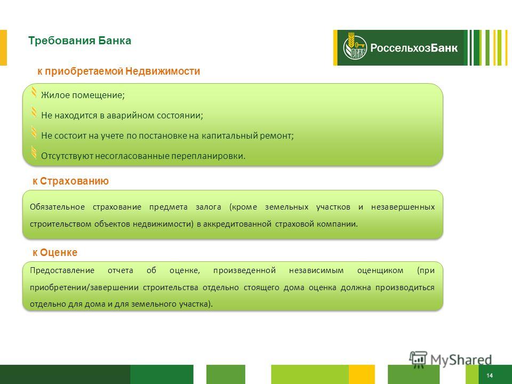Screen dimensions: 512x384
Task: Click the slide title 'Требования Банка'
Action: [x=79, y=41]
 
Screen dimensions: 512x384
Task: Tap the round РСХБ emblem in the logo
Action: [x=355, y=47]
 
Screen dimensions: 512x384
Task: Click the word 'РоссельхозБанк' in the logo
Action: [x=414, y=48]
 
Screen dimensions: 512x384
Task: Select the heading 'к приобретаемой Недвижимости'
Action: [x=118, y=71]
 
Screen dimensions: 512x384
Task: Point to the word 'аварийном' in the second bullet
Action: [x=130, y=116]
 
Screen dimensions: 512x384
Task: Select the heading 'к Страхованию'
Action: [x=70, y=181]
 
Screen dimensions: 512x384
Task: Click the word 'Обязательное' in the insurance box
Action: [x=57, y=207]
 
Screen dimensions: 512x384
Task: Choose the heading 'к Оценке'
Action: [x=55, y=252]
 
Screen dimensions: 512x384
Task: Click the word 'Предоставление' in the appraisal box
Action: [x=62, y=271]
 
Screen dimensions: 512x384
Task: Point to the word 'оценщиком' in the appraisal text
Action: [x=380, y=271]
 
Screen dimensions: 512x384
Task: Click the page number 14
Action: [x=490, y=375]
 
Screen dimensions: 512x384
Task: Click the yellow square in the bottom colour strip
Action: [x=362, y=374]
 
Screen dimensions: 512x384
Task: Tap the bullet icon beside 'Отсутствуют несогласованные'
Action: [x=34, y=153]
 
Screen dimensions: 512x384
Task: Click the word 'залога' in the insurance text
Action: [x=209, y=207]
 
